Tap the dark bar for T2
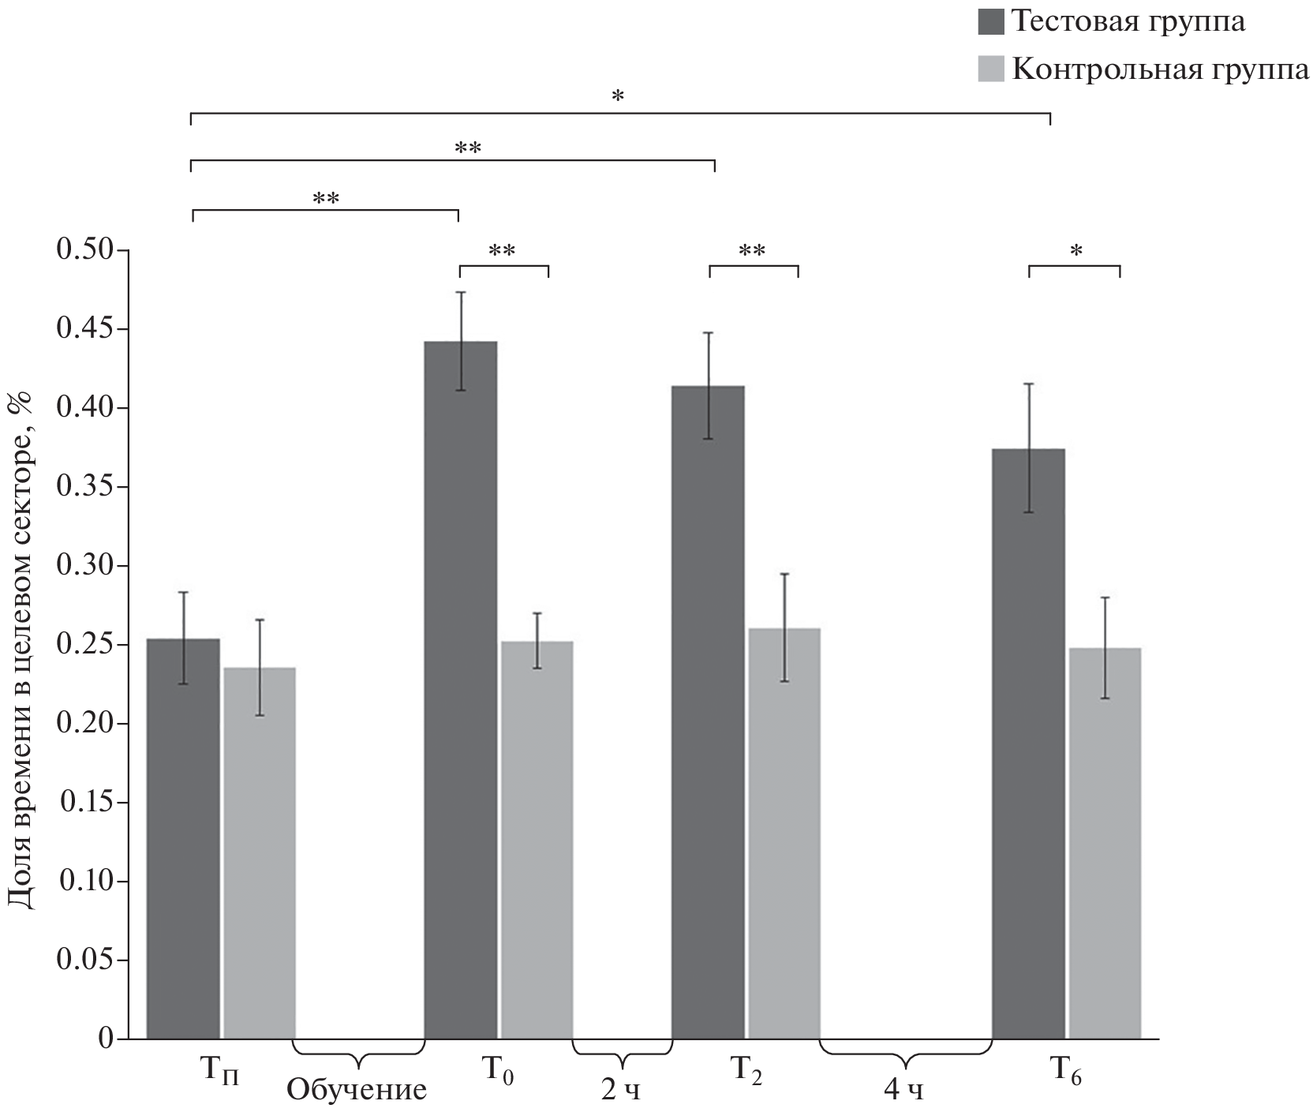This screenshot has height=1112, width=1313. coord(708,711)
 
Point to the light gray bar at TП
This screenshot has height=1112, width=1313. coord(260,852)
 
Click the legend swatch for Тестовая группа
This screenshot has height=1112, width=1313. coord(990,21)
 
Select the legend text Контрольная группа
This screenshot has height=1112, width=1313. coord(1160,69)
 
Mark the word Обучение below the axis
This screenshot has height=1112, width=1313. coord(356,1090)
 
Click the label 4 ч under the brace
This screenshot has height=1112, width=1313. coord(903,1090)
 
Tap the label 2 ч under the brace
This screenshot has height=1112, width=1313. coord(621,1090)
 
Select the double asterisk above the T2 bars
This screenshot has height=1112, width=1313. coord(752,252)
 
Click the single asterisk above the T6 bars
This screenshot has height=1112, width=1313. coord(1075,252)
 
